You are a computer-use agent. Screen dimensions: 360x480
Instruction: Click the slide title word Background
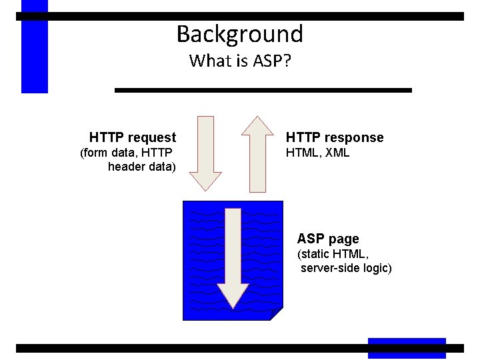pos(239,33)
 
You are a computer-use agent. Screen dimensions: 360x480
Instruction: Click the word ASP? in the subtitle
pos(272,61)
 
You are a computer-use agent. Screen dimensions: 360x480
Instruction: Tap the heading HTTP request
pos(133,138)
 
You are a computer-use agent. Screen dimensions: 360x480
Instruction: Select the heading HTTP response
pos(335,138)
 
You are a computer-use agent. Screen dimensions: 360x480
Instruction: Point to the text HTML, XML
pos(317,153)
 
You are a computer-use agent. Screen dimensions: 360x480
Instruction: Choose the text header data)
pos(141,167)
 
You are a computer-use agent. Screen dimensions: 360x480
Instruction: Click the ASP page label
pos(328,239)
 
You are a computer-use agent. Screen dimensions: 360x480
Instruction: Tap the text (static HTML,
pos(333,254)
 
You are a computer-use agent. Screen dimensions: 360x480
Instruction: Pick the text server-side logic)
pos(346,268)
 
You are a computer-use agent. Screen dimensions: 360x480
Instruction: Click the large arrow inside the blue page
pos(233,257)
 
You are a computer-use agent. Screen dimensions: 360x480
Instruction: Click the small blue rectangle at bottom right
pos(407,347)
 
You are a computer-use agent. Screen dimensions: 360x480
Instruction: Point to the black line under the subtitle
pos(263,89)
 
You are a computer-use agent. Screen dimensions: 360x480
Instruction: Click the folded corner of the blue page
pos(276,313)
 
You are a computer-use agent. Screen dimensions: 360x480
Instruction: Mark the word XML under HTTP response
pos(337,153)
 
